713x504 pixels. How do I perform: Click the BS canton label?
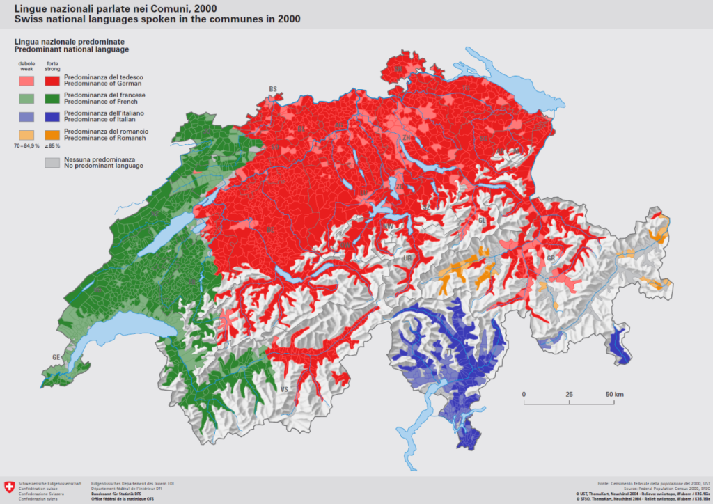tap(273, 89)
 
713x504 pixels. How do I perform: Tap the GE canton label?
tap(56, 357)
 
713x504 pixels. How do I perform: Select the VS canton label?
tap(284, 389)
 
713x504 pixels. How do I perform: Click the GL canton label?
tap(480, 220)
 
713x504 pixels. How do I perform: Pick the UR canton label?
tap(408, 258)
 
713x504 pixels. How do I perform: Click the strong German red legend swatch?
tap(52, 80)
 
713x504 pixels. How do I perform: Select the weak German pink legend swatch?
tap(27, 80)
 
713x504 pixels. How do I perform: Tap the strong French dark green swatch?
tap(52, 98)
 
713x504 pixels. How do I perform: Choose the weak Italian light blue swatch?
tap(27, 116)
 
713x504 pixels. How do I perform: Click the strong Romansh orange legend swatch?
tap(52, 134)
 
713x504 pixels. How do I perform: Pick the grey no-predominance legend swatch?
tap(52, 162)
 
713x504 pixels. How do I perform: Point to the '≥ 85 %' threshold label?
tap(52, 146)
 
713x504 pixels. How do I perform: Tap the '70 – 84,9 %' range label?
tap(27, 146)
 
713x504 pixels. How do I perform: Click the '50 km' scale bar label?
tap(613, 395)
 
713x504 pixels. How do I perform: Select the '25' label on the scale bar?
tap(569, 395)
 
